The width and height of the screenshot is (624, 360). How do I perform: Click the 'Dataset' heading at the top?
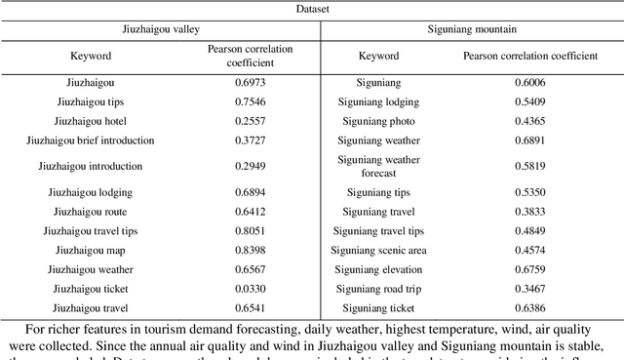coord(312,9)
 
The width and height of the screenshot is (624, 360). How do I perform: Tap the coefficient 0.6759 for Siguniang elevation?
coord(534,269)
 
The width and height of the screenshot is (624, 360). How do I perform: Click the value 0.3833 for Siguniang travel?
coord(534,212)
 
